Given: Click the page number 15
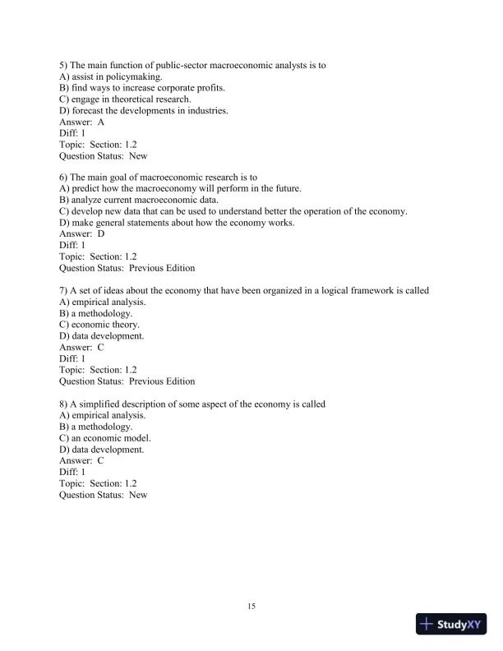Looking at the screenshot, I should click(251, 607).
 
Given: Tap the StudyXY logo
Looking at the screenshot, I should click(452, 624).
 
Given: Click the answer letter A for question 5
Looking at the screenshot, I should click(101, 122).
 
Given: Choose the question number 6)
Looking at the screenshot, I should click(64, 177).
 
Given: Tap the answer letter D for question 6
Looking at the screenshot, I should click(101, 233).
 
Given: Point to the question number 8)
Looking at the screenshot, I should click(64, 404).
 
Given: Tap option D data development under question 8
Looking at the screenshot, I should click(102, 450).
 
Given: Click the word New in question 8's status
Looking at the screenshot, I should click(138, 495).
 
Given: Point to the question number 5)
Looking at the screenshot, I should click(64, 65).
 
